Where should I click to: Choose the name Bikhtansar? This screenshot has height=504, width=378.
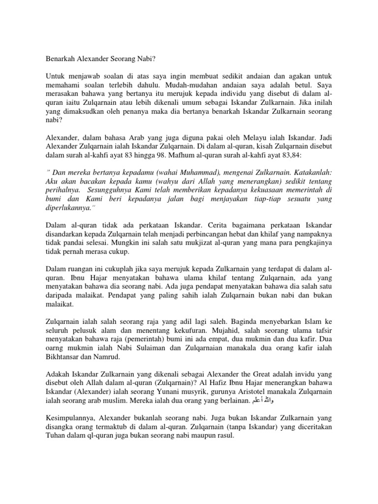62,356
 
